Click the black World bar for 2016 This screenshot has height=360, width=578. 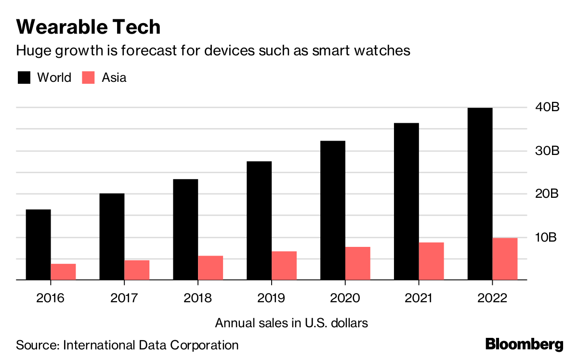tap(38, 244)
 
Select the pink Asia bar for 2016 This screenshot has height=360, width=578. tap(63, 271)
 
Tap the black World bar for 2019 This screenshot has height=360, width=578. tap(259, 220)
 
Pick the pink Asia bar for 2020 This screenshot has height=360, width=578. tap(357, 263)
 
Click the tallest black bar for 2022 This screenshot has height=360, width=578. tap(479, 193)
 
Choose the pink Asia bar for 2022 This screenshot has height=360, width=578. tap(505, 258)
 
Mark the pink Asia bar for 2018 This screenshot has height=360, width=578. tap(210, 268)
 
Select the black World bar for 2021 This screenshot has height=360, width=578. tap(406, 201)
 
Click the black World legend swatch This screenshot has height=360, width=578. tap(24, 77)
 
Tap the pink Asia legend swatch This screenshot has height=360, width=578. tap(88, 77)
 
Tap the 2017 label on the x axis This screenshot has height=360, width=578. tap(124, 298)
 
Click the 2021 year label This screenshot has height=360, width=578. tap(418, 298)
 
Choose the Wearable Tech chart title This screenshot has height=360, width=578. tap(88, 27)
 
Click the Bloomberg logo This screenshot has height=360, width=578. tap(524, 344)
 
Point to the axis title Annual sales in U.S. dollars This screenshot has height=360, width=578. tap(291, 322)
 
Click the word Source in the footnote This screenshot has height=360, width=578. tap(37, 345)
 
